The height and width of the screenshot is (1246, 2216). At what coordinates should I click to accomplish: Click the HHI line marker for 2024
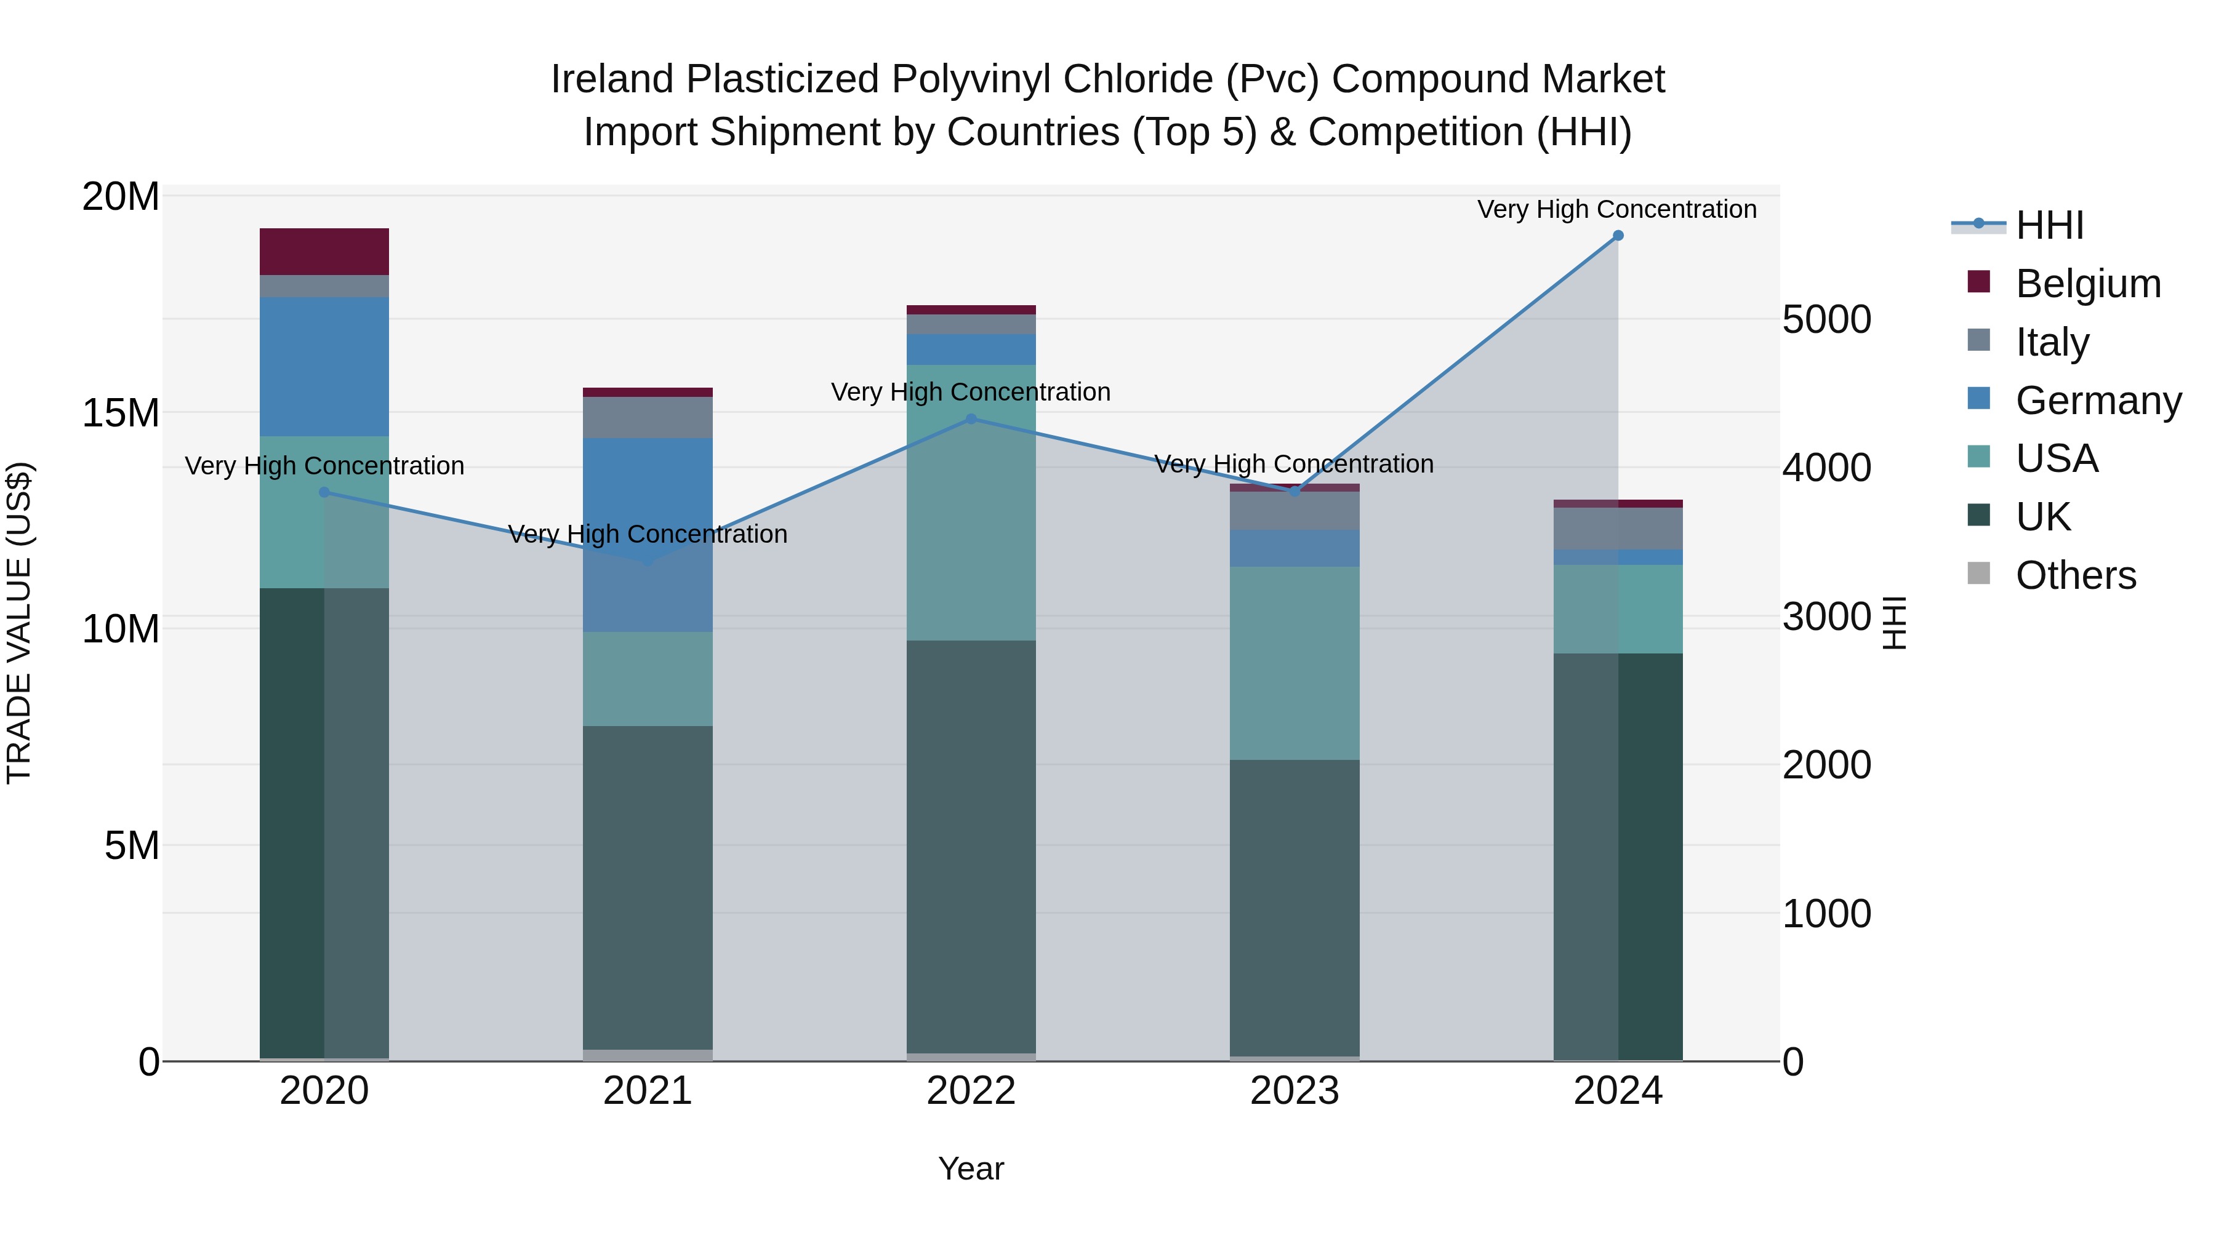[1617, 236]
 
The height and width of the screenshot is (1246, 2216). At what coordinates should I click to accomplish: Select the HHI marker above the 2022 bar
[971, 419]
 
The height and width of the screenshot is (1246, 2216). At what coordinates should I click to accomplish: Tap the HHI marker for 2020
[324, 492]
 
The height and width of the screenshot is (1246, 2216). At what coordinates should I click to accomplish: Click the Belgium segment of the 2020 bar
[324, 252]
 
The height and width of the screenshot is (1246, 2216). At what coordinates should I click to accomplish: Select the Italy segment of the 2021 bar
[648, 417]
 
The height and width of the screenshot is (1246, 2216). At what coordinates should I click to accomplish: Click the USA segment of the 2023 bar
[1295, 662]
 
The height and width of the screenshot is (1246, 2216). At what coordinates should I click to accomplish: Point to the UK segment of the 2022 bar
[971, 847]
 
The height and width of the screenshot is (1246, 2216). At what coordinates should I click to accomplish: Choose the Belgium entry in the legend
[2088, 284]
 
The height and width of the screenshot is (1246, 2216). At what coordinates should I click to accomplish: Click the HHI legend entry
[2049, 225]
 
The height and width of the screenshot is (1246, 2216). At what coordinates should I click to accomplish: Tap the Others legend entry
[2075, 575]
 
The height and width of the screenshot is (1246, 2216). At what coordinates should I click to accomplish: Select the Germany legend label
[2098, 401]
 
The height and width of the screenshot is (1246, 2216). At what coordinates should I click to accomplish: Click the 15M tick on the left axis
[121, 413]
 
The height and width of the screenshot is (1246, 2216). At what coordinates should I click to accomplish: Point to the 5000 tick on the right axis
[1826, 320]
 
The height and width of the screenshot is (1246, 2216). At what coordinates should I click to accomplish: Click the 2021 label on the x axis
[648, 1091]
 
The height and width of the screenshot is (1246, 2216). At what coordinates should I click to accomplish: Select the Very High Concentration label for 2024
[1616, 210]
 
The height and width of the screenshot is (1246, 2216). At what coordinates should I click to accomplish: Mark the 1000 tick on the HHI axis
[1826, 913]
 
